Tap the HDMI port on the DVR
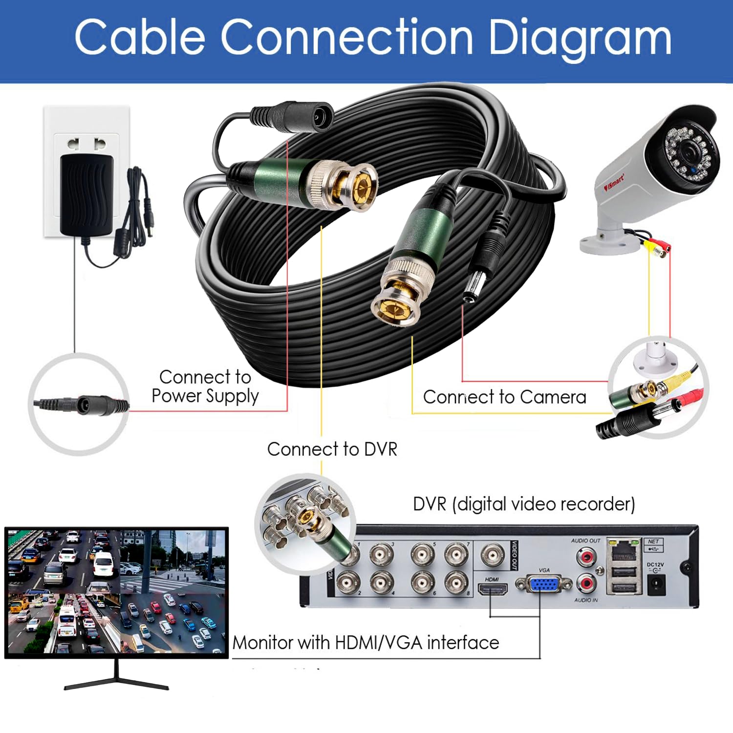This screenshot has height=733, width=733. (x=493, y=589)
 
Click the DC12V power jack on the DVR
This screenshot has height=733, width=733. (x=655, y=584)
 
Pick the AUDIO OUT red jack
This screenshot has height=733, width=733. (x=586, y=556)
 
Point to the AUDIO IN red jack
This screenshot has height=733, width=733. (x=586, y=583)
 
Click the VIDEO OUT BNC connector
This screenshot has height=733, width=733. (x=493, y=555)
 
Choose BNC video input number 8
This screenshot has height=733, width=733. (x=455, y=582)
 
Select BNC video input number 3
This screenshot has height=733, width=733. (x=381, y=555)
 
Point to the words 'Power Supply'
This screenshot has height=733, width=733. (x=205, y=396)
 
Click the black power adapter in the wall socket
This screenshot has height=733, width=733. (x=86, y=194)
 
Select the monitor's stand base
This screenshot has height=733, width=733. (x=116, y=684)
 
